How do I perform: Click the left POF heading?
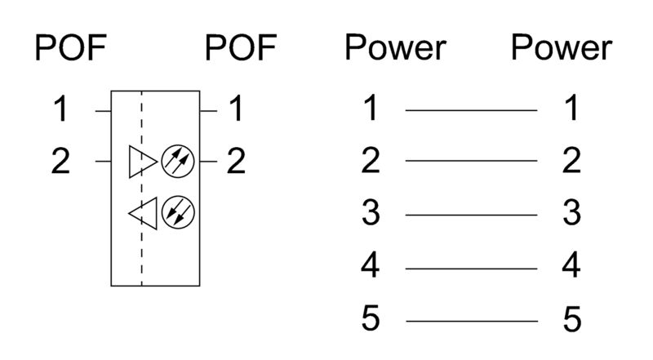(70, 49)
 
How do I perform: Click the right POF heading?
(241, 49)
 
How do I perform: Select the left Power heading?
(396, 49)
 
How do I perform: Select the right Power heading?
(562, 49)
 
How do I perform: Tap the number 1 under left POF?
(62, 109)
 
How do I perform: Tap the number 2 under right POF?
(236, 162)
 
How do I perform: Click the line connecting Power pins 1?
(471, 109)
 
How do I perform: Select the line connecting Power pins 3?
(471, 215)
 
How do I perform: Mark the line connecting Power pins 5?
(471, 320)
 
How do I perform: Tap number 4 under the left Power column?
(371, 267)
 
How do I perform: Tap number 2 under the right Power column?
(571, 162)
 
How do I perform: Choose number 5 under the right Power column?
(571, 320)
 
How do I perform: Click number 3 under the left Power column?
(371, 215)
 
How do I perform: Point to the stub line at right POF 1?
(210, 109)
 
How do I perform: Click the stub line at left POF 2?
(103, 162)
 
